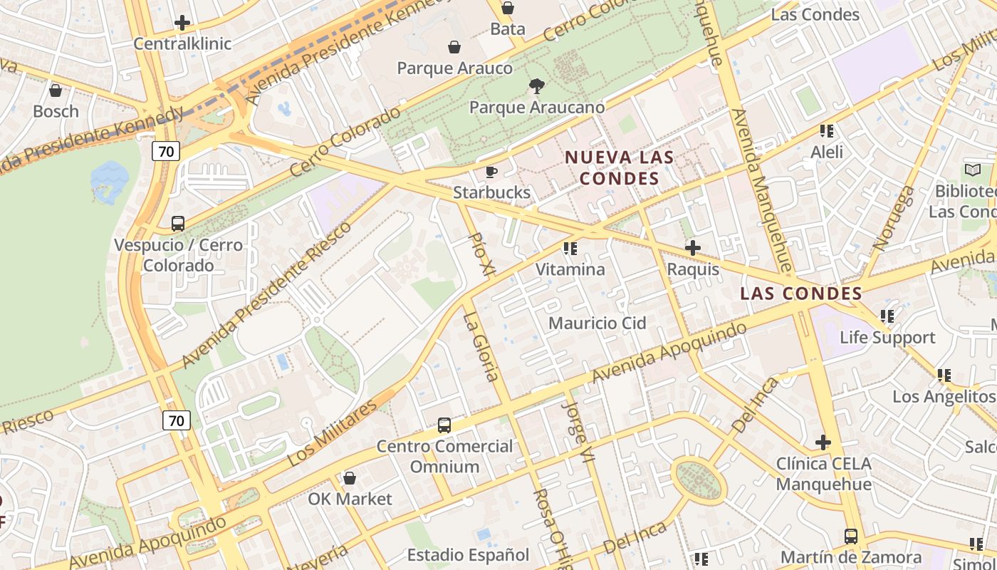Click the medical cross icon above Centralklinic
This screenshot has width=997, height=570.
pyautogui.click(x=182, y=23)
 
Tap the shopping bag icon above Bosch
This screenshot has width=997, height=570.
pyautogui.click(x=56, y=90)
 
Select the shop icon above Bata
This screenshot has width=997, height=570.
pyautogui.click(x=508, y=8)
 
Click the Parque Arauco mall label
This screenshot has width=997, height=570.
pyautogui.click(x=454, y=68)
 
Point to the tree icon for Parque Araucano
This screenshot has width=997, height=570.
pyautogui.click(x=536, y=86)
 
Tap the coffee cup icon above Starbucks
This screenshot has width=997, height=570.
pyautogui.click(x=491, y=172)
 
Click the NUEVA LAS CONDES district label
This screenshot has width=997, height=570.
pyautogui.click(x=619, y=167)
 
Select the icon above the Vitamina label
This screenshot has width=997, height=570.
pyautogui.click(x=570, y=249)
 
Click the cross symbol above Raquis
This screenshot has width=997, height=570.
pyautogui.click(x=692, y=249)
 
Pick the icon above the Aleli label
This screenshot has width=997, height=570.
pyautogui.click(x=826, y=131)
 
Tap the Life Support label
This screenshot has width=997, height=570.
pyautogui.click(x=887, y=337)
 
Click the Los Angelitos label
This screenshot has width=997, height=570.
pyautogui.click(x=944, y=396)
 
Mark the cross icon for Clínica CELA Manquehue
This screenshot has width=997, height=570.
pyautogui.click(x=823, y=442)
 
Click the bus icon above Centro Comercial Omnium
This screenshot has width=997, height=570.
pyautogui.click(x=444, y=425)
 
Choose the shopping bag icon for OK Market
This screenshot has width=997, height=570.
pyautogui.click(x=349, y=478)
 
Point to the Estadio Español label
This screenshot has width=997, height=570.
pyautogui.click(x=468, y=555)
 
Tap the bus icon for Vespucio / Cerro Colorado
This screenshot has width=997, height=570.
pyautogui.click(x=178, y=224)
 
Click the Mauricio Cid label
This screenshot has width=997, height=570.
pyautogui.click(x=597, y=323)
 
